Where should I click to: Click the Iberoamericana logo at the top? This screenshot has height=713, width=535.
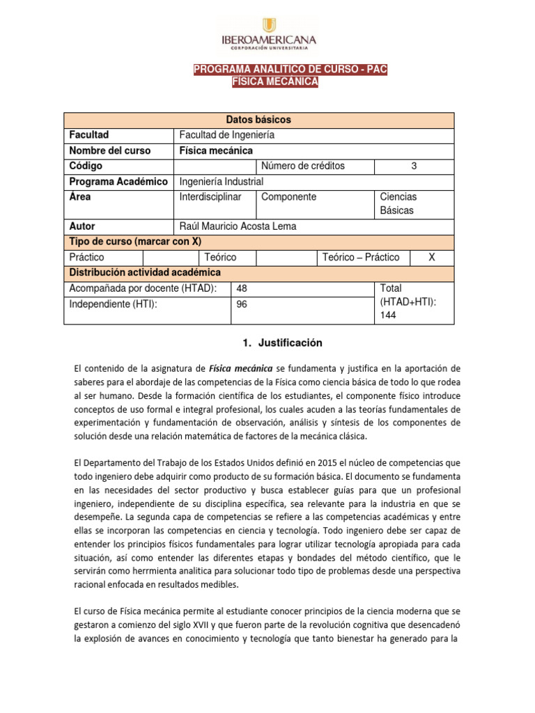coord(267,31)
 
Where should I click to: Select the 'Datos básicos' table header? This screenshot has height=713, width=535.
coord(258,120)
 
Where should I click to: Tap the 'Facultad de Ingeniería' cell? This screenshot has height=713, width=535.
coord(227,135)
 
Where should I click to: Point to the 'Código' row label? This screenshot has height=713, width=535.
coord(86,166)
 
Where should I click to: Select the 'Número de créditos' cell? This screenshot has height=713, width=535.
coord(303,166)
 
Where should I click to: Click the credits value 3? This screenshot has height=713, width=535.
coord(414,166)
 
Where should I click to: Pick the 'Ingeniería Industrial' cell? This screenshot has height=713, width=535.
coord(222,181)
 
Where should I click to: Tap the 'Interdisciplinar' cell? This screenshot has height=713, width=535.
coord(210,197)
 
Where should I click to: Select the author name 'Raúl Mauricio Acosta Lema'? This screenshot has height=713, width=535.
coord(238,226)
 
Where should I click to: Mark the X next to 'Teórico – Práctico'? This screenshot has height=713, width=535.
coord(432,257)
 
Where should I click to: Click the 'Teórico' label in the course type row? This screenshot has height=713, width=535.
coord(220,257)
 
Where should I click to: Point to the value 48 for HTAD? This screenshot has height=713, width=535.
coord(242,288)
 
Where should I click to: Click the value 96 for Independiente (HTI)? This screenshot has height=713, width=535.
coord(242,304)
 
